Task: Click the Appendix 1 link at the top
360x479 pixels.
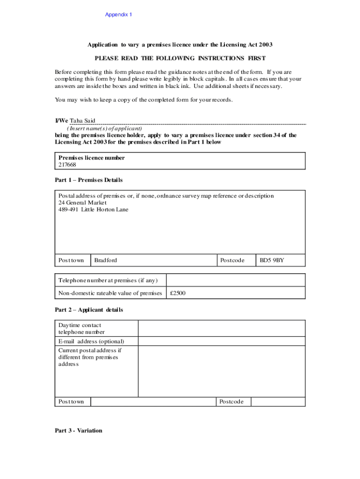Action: click(118, 15)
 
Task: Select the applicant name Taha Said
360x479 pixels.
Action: click(83, 121)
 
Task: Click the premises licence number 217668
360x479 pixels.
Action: click(67, 165)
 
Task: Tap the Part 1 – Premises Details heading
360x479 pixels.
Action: click(88, 180)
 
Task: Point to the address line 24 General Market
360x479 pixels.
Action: click(82, 203)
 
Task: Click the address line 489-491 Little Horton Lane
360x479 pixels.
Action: click(93, 210)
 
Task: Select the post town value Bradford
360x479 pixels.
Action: click(106, 260)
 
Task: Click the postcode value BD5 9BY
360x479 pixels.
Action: click(272, 260)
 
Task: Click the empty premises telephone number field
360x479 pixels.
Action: click(236, 280)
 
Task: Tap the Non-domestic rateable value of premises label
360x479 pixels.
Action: click(110, 293)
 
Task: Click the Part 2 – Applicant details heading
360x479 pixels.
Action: click(89, 310)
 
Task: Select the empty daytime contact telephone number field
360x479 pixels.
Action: click(221, 328)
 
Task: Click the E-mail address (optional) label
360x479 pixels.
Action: click(91, 341)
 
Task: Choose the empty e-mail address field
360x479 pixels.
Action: click(221, 341)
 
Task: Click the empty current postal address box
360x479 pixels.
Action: click(221, 371)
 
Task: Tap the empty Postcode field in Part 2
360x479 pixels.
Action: click(278, 402)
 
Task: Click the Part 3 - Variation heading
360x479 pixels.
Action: click(78, 430)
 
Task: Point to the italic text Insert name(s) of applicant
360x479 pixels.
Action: click(105, 128)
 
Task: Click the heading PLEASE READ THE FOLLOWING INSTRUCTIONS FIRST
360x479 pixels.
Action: click(180, 58)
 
